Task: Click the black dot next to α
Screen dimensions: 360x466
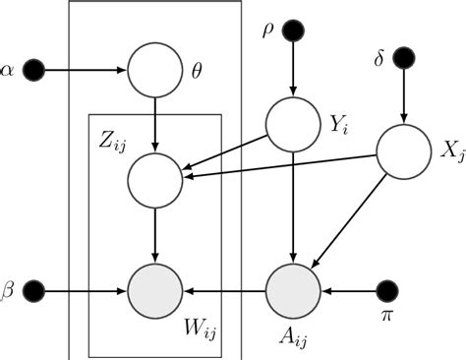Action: (x=34, y=70)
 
